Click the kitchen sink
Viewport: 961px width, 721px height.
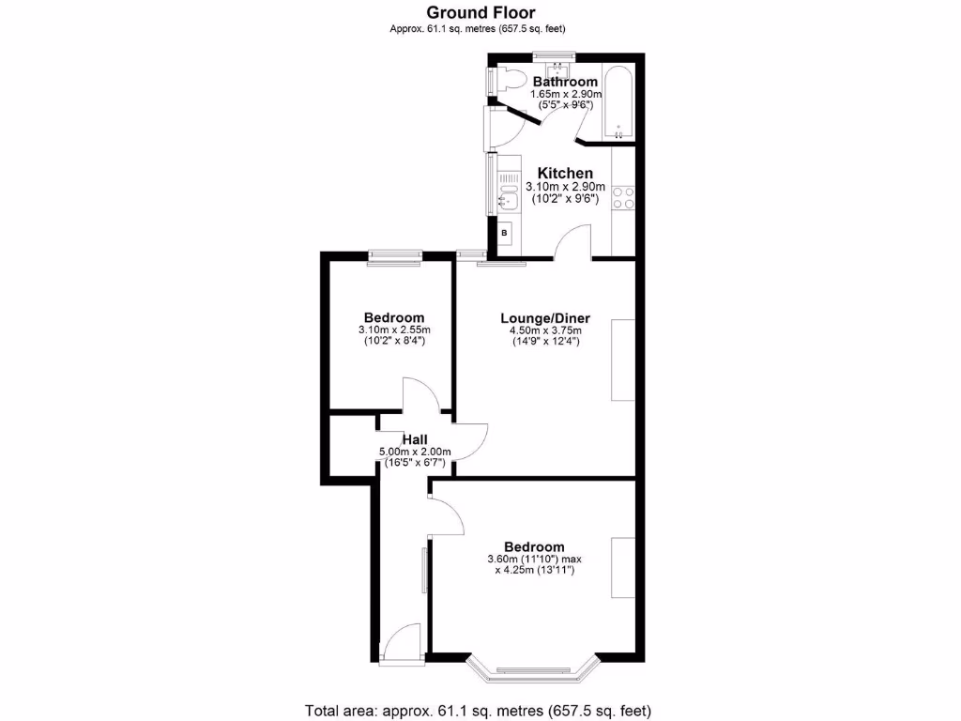(x=508, y=198)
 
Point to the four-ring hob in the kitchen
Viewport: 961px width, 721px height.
(x=623, y=198)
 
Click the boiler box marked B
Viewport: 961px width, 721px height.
(x=504, y=232)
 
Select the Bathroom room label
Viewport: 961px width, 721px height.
(x=565, y=83)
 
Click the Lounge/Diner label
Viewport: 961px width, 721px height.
(x=544, y=318)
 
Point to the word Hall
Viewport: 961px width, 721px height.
(x=416, y=439)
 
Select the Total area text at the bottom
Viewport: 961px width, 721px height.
(x=478, y=710)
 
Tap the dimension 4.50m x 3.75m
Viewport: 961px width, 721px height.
(x=544, y=330)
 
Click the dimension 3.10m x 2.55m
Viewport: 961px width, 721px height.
(x=394, y=330)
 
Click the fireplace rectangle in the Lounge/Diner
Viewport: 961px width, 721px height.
(x=622, y=360)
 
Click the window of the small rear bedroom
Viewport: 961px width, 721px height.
(x=394, y=254)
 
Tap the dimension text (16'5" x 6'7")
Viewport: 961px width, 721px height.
(x=416, y=463)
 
